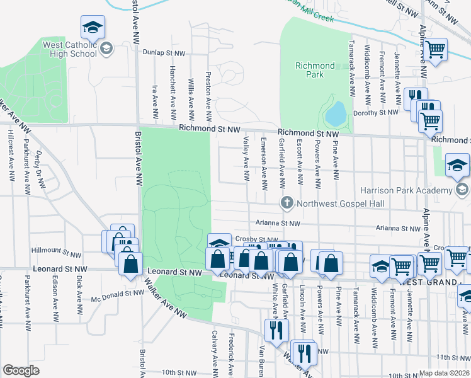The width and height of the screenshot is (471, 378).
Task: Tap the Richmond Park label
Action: pyautogui.click(x=315, y=70)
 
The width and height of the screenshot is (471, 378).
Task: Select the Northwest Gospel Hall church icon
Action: pyautogui.click(x=286, y=202)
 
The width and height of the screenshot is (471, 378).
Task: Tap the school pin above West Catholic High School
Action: pyautogui.click(x=93, y=28)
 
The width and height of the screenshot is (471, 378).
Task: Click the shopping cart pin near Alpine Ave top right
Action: pyautogui.click(x=435, y=49)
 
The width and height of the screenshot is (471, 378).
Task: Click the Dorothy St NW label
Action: pyautogui.click(x=377, y=112)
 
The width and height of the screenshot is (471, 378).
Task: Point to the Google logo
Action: pyautogui.click(x=21, y=370)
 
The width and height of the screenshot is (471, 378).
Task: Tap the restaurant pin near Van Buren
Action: pyautogui.click(x=276, y=329)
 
